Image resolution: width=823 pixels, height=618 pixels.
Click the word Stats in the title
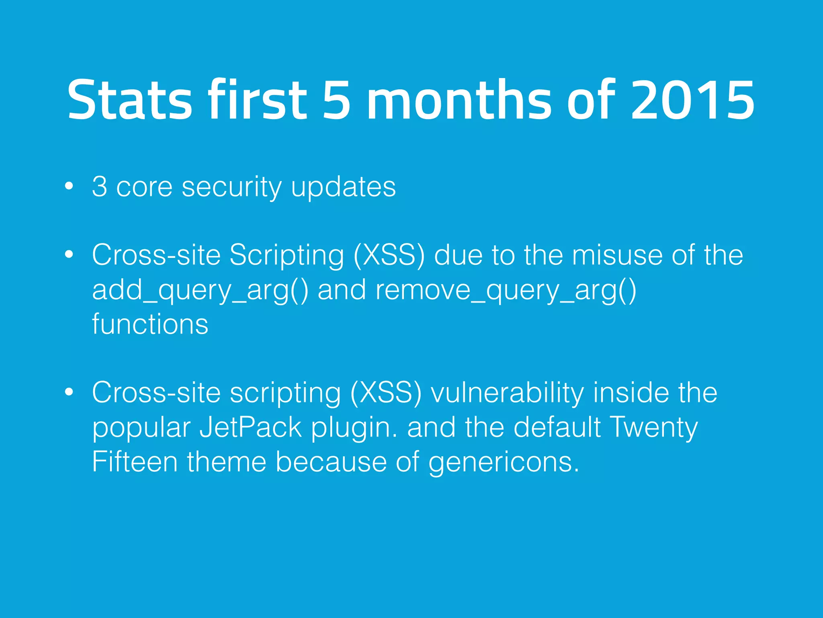129,100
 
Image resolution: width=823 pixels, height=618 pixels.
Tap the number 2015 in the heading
692,100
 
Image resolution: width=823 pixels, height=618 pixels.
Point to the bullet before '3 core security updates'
69,186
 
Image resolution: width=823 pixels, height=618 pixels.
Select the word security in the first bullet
231,187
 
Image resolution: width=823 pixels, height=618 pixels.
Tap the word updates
343,187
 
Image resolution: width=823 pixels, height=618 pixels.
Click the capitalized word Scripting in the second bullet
287,255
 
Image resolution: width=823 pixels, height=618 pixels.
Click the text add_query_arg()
200,290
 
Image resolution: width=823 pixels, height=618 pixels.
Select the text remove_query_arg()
506,290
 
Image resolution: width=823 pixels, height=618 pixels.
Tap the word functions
150,324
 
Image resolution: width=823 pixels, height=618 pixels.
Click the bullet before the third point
69,392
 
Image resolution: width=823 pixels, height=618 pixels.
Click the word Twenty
653,428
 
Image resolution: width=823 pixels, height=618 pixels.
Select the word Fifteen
135,461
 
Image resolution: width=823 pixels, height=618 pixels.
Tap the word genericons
503,462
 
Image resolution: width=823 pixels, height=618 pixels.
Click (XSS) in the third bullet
386,393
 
